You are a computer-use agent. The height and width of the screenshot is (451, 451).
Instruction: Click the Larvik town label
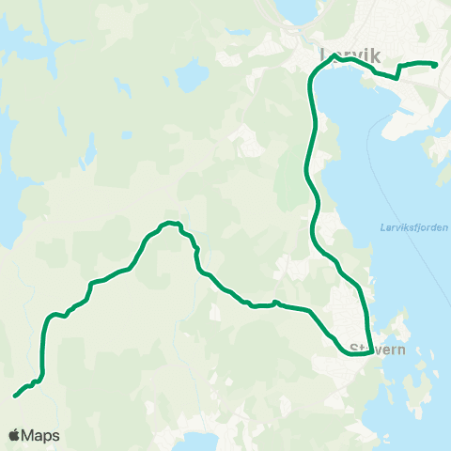350,55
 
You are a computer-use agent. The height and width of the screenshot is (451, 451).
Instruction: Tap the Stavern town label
376,350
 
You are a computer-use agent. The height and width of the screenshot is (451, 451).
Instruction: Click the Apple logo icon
14,436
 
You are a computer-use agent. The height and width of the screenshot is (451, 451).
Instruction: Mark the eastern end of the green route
436,65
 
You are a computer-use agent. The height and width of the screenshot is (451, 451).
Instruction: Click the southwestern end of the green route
15,396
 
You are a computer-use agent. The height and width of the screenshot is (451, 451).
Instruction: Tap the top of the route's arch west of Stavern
169,223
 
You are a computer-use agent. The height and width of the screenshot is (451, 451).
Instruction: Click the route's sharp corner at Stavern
373,353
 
